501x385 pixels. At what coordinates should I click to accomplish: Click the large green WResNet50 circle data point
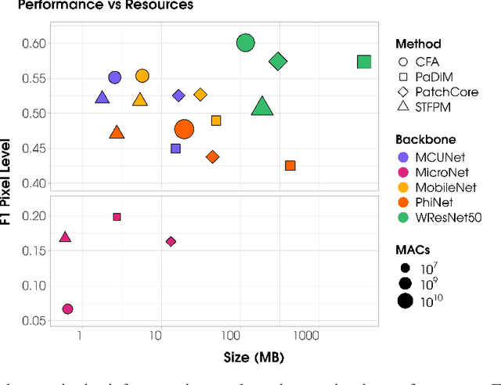coord(246,43)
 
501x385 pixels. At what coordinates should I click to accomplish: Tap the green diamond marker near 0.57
coord(278,61)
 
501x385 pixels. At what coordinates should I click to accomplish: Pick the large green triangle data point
coord(262,107)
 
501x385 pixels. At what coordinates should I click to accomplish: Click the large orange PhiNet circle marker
coord(184,129)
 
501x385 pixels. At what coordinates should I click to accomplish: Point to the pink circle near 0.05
coord(67,309)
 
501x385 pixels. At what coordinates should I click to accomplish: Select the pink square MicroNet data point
coord(117,217)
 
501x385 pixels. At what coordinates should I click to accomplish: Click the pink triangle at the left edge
coord(65,237)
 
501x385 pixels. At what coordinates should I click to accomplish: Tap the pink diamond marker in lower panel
coord(171,242)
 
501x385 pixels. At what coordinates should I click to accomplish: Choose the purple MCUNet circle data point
coord(114,77)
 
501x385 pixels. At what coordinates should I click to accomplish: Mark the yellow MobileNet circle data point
coord(142,76)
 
